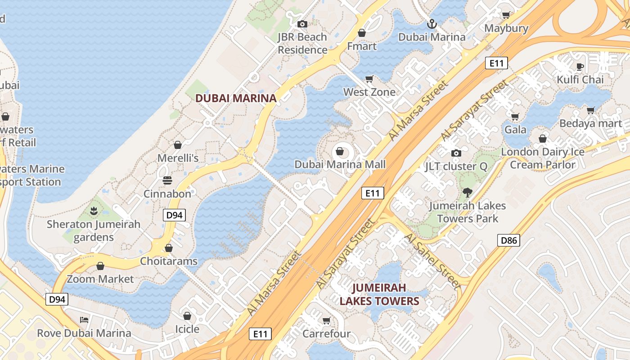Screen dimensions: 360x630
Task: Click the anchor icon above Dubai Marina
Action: [432, 23]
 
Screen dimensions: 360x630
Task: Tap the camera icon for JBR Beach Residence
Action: [302, 24]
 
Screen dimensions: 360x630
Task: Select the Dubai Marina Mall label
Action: [340, 164]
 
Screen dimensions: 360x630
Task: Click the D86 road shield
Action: [509, 240]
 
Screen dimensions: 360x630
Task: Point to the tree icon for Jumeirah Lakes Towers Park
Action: [468, 193]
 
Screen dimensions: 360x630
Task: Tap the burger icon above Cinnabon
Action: [167, 180]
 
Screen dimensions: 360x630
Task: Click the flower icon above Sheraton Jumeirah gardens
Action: [94, 211]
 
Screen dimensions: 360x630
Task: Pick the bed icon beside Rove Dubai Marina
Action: [84, 320]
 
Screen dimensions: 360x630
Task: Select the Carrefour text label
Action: [326, 334]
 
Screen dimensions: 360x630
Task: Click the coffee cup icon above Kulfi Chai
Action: [580, 67]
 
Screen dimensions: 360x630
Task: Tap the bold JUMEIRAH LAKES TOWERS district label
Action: [379, 294]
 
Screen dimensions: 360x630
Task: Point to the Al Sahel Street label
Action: [432, 261]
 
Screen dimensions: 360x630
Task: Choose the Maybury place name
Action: [506, 28]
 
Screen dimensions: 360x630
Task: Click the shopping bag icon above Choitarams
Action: [168, 248]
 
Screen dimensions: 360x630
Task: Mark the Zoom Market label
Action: [100, 279]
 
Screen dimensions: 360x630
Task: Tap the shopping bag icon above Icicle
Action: [187, 316]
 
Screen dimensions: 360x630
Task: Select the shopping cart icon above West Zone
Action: [369, 79]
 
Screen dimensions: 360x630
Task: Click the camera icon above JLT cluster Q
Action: [456, 153]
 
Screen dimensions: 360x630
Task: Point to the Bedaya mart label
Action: [590, 123]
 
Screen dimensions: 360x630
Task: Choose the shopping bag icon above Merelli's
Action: [178, 145]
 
